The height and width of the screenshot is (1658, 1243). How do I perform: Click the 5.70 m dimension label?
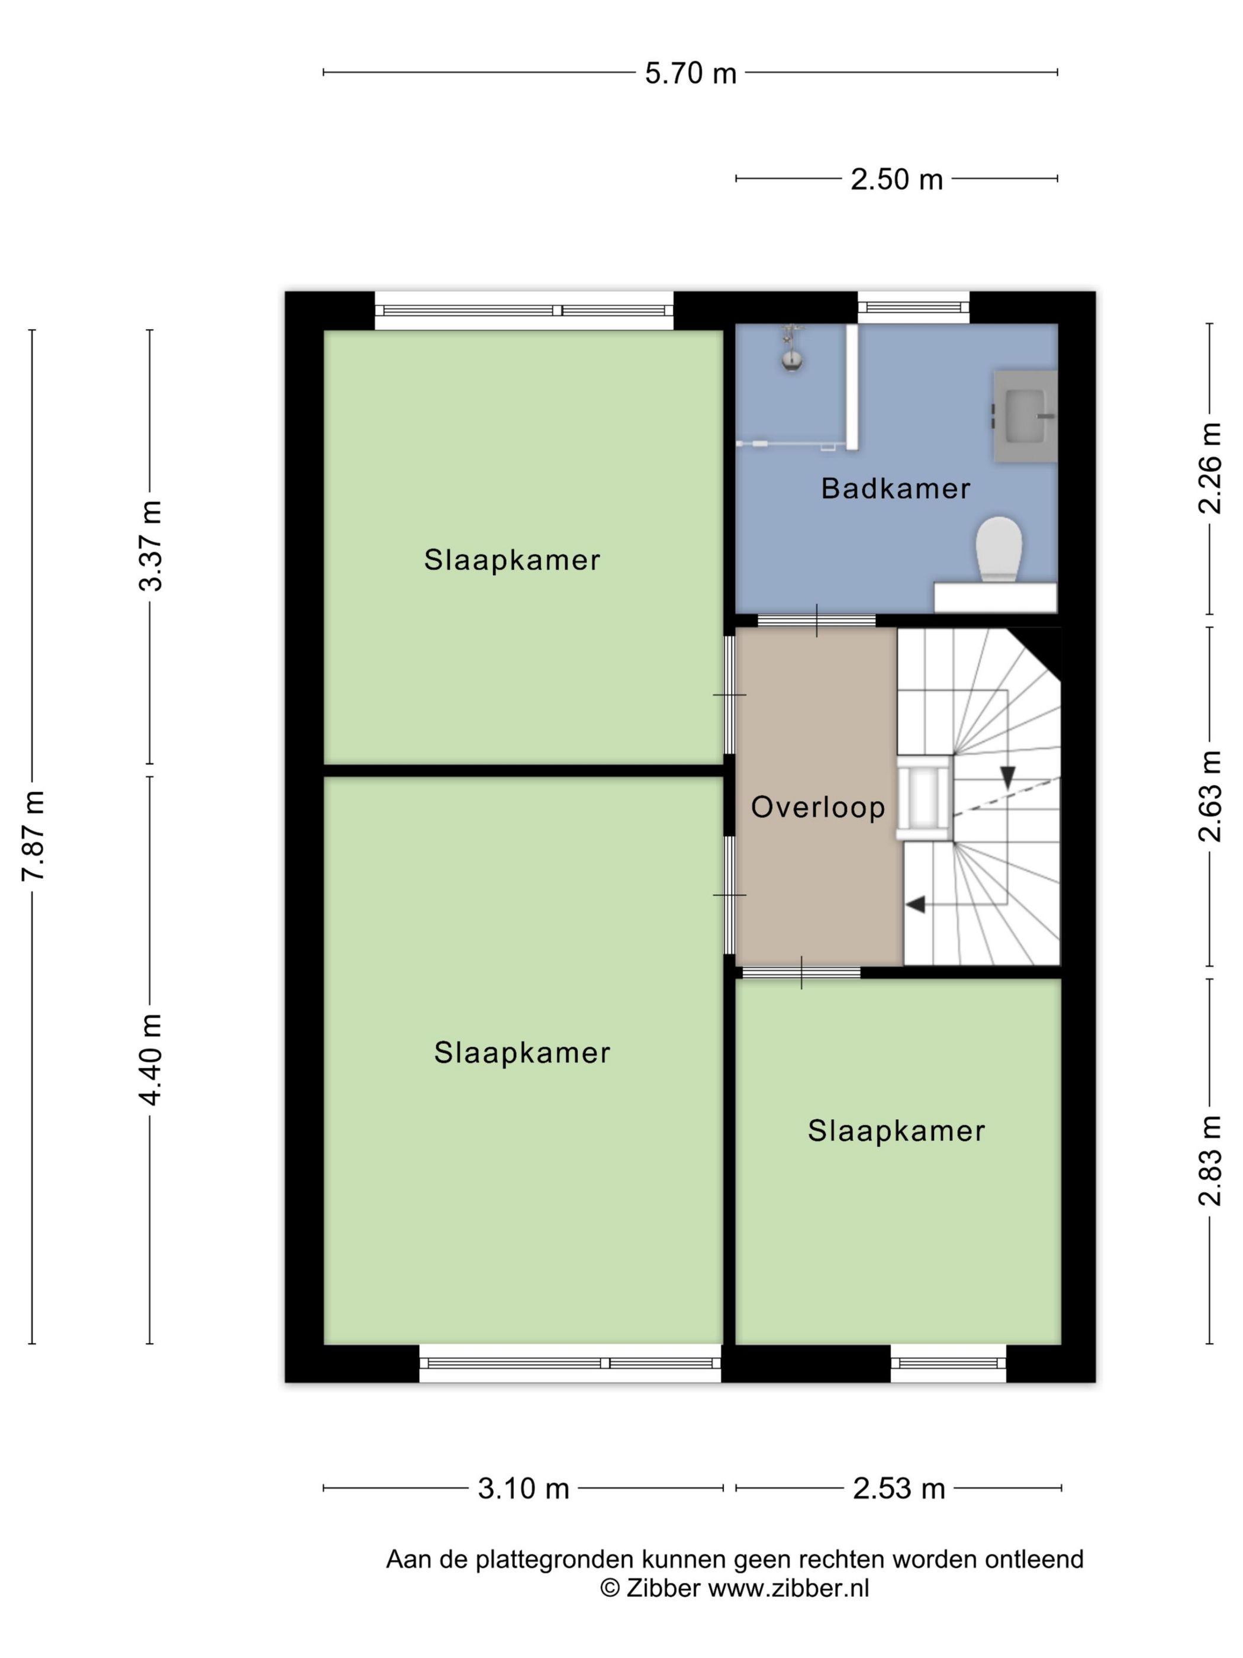pos(690,73)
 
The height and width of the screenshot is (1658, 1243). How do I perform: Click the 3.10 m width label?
pos(523,1489)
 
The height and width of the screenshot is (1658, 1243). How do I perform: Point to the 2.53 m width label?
pos(899,1489)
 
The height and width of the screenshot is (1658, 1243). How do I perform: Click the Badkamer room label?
pos(896,489)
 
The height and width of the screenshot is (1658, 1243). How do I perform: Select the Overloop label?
pos(817,807)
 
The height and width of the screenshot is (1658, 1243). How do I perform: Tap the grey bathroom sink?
pos(1024,415)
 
